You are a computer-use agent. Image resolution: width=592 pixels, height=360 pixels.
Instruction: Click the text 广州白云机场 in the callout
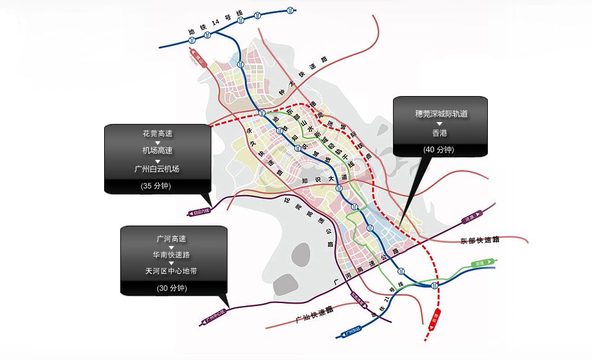pyautogui.click(x=157, y=169)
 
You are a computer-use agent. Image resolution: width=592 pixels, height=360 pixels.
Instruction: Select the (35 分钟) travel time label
pyautogui.click(x=157, y=185)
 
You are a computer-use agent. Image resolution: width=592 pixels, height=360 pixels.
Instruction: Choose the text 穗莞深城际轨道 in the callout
pyautogui.click(x=441, y=114)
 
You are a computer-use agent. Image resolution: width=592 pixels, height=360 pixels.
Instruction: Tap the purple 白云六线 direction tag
pyautogui.click(x=199, y=212)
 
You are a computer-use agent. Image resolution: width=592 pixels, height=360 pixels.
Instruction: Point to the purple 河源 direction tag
pyautogui.click(x=471, y=218)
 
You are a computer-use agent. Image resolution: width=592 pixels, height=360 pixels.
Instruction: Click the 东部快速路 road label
pyautogui.click(x=480, y=239)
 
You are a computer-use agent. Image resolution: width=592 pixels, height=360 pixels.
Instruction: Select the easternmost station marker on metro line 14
pyautogui.click(x=291, y=10)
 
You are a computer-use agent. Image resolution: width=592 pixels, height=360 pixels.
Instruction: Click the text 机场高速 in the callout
pyautogui.click(x=157, y=151)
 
